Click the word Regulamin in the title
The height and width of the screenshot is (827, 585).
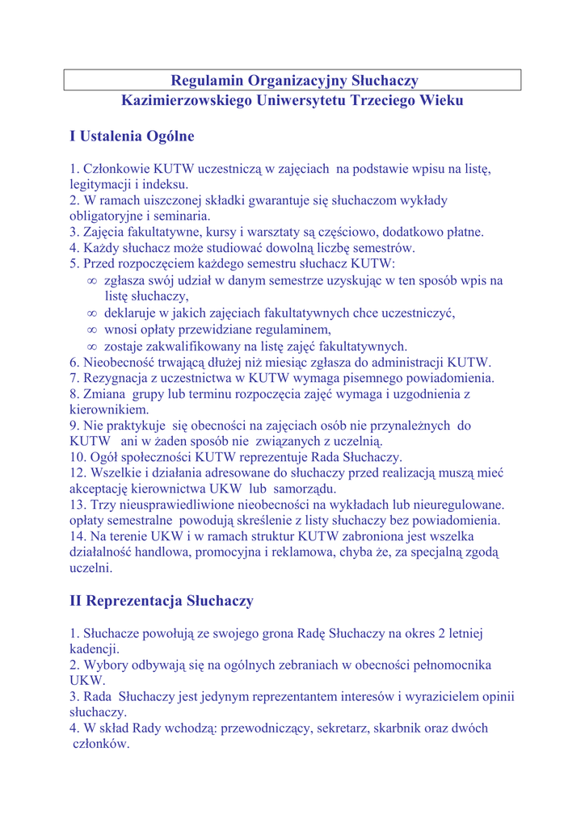pyautogui.click(x=205, y=80)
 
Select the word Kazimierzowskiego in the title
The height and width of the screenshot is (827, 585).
pyautogui.click(x=186, y=101)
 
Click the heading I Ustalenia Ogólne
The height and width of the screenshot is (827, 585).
pyautogui.click(x=132, y=136)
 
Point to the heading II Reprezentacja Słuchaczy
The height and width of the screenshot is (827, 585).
pyautogui.click(x=162, y=601)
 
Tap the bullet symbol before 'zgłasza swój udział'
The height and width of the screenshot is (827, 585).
pyautogui.click(x=92, y=280)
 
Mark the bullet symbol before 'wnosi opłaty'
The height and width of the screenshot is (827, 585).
pyautogui.click(x=92, y=330)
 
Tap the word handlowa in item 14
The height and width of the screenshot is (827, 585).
pyautogui.click(x=159, y=552)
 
